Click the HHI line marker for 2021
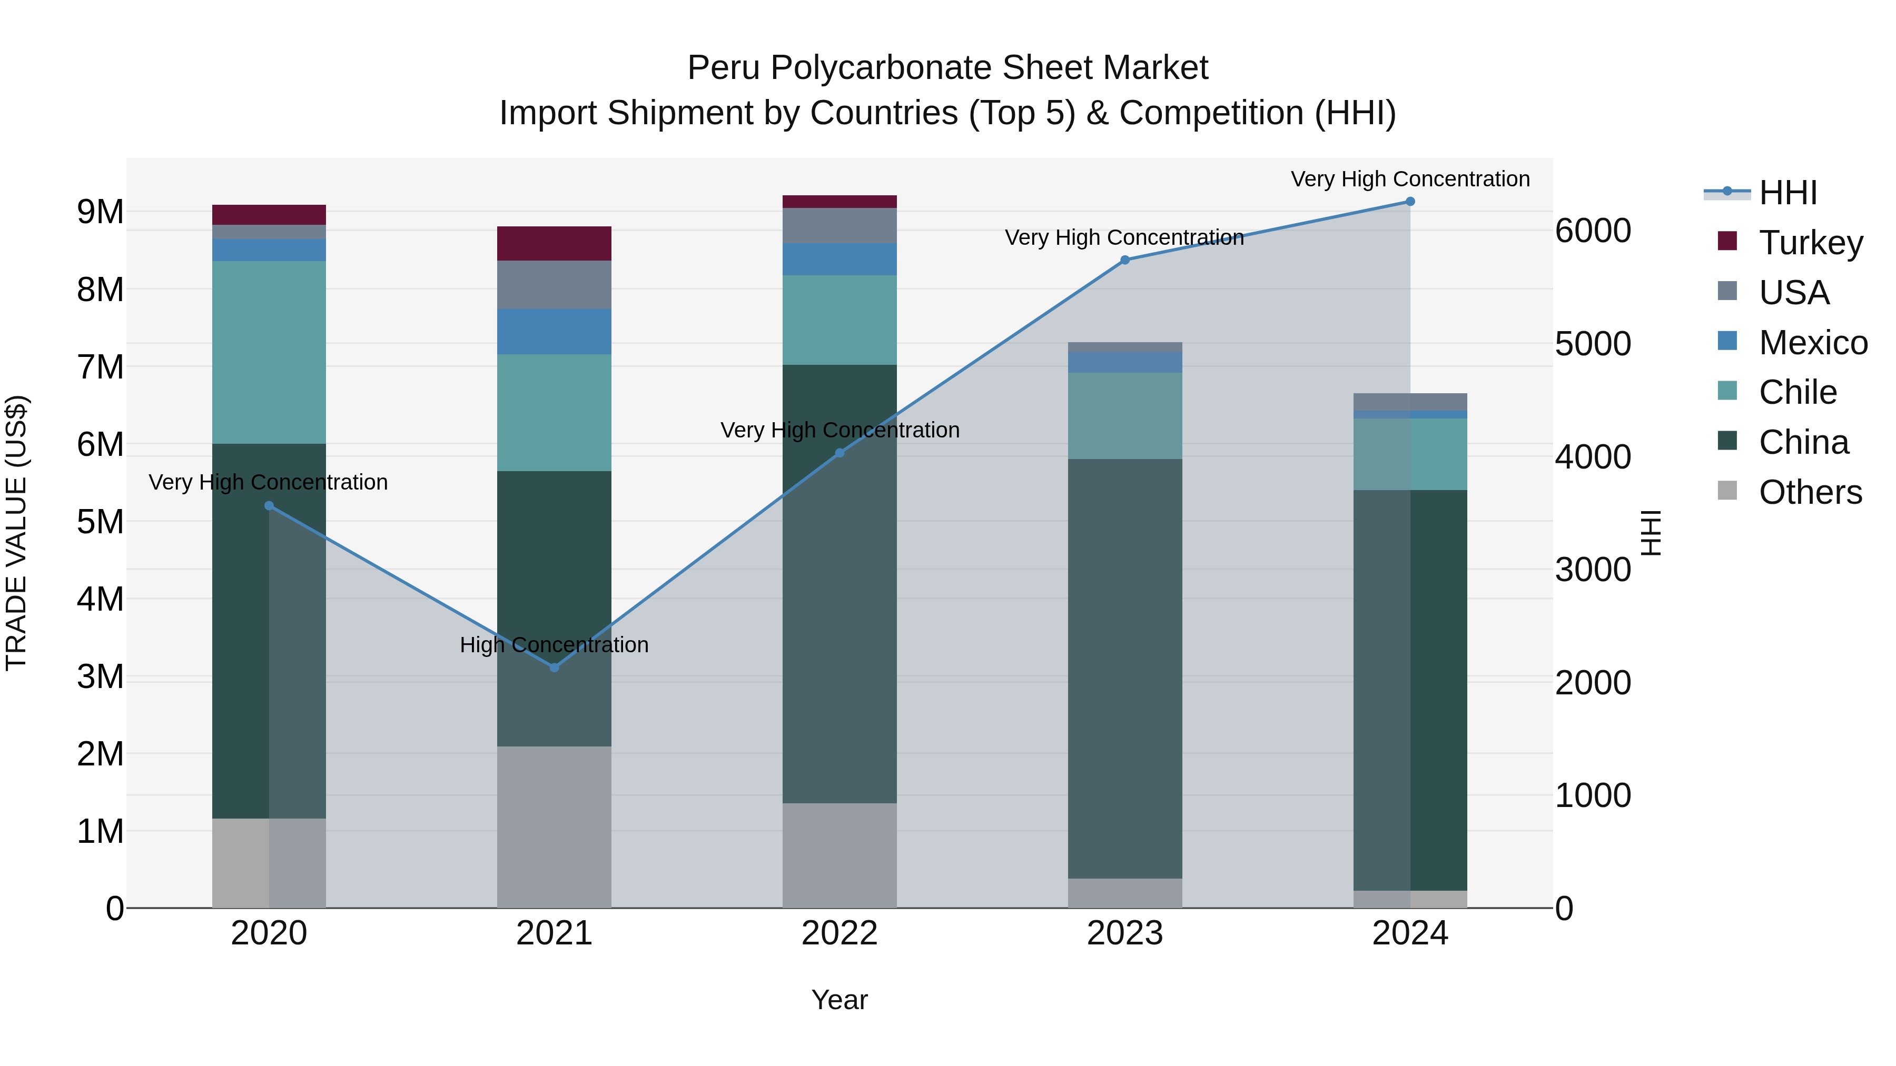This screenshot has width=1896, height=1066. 554,668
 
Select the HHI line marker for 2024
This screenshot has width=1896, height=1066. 1410,202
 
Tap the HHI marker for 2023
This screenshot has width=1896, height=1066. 1124,260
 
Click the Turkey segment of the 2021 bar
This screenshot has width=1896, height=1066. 554,244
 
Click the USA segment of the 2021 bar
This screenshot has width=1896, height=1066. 554,285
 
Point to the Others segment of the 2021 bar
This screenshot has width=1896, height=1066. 554,827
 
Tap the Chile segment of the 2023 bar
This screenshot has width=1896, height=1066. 1124,416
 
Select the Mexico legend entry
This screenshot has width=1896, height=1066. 1813,343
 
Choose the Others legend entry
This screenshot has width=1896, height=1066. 1810,492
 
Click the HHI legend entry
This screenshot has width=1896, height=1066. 1788,193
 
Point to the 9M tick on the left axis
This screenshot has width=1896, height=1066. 100,212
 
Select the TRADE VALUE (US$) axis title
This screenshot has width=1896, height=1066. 16,533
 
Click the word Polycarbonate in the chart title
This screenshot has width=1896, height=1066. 882,68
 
